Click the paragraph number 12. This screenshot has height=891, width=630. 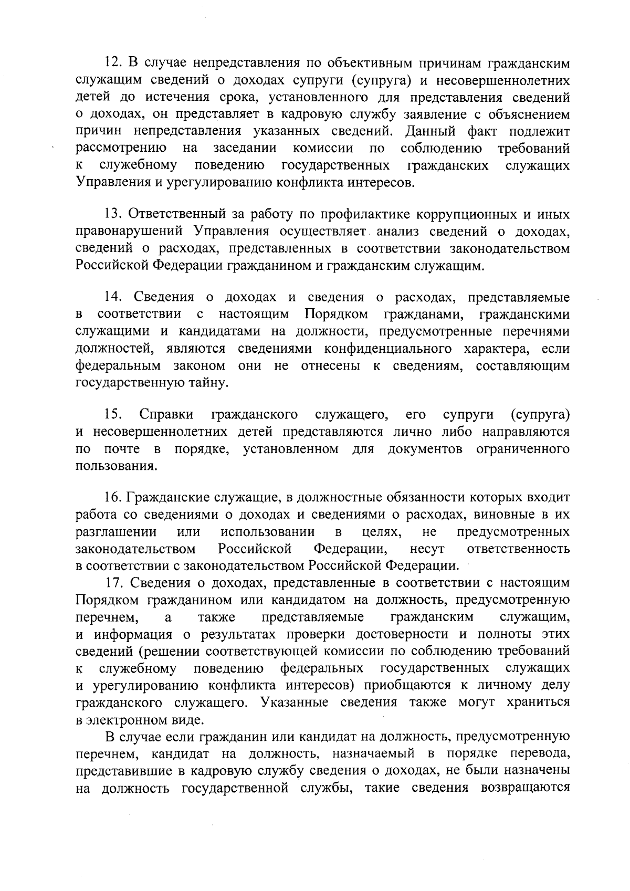pos(112,63)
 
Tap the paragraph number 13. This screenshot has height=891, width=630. pos(112,215)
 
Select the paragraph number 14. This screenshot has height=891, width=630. pos(112,297)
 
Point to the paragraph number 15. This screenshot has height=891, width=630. pos(112,415)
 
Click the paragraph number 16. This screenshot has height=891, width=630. pos(112,497)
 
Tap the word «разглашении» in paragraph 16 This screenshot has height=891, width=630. pos(116,532)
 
